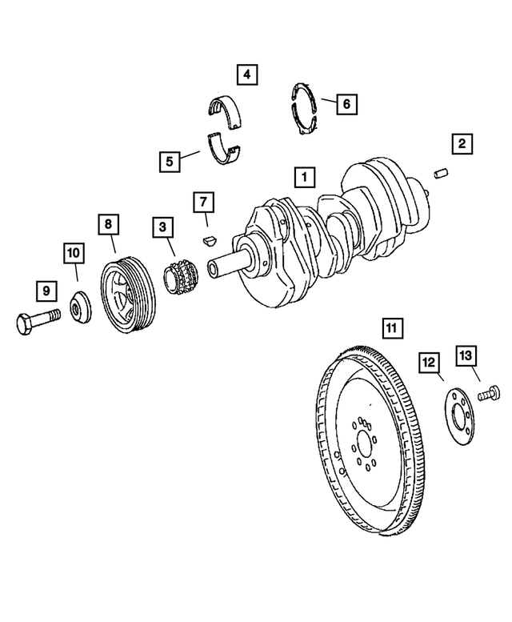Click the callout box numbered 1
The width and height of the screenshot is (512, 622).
pos(303,176)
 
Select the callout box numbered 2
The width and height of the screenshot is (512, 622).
pos(461,144)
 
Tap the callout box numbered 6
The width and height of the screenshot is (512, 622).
pos(346,104)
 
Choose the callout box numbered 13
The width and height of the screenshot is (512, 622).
pos(466,355)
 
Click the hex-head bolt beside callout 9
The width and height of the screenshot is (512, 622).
pos(37,323)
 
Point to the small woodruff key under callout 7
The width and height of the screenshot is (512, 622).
pos(208,238)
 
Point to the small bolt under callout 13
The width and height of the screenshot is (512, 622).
pos(488,393)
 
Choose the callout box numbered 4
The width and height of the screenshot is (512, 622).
pos(246,76)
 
